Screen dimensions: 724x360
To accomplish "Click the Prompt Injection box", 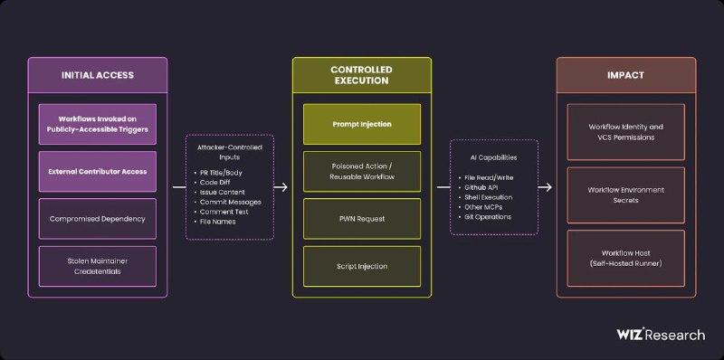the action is pos(362,124).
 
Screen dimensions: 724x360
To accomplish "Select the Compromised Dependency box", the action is pos(98,219).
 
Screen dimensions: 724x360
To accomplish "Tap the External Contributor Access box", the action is pos(98,171).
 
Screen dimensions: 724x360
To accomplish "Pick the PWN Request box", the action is pos(362,219).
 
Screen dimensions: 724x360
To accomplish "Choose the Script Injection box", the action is pos(362,266).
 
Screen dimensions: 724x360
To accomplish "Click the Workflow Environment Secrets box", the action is pos(625,195).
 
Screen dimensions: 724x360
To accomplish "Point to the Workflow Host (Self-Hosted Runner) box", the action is pos(625,259).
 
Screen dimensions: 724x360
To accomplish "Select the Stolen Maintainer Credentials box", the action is pos(98,266).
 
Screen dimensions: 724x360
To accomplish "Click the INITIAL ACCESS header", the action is pos(98,75).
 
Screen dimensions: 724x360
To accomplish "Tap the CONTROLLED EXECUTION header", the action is pos(362,75).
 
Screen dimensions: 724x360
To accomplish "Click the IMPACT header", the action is pos(625,75).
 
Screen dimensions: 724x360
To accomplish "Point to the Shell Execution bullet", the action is pos(485,197).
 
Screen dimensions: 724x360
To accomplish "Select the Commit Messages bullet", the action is pos(228,202).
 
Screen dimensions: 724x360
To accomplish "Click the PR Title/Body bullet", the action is pos(218,173).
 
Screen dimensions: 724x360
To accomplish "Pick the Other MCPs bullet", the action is pos(480,207).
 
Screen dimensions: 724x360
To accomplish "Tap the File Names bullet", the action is pos(214,222).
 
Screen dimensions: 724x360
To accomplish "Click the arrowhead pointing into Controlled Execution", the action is pos(283,187).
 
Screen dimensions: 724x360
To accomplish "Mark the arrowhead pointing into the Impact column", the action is pos(548,187).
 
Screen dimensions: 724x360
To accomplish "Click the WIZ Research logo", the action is pos(661,335).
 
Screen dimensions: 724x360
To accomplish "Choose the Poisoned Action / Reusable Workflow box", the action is pos(362,171).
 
